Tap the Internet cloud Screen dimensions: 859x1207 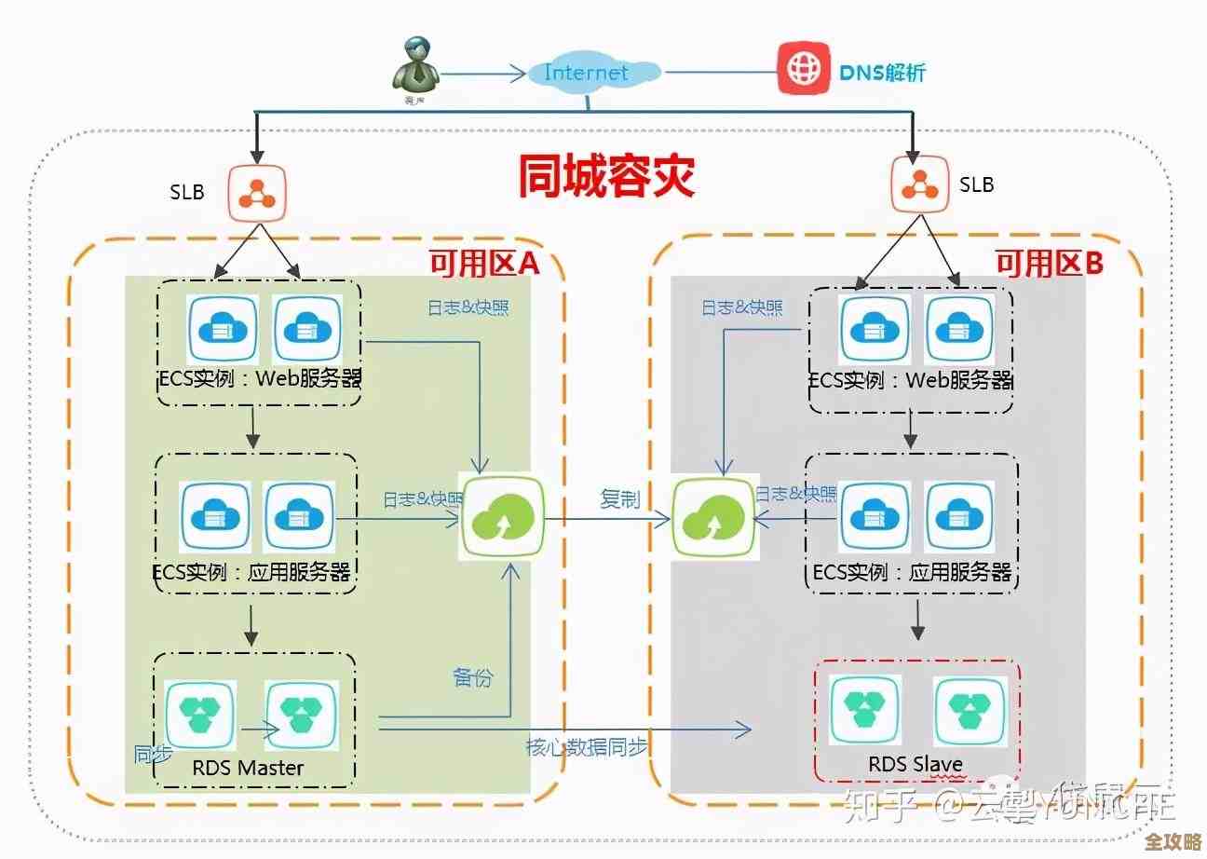(587, 73)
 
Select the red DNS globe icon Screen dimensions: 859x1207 (804, 68)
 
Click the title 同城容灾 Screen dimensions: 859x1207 (606, 176)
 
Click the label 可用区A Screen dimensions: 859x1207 (483, 265)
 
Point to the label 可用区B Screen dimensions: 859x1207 (1050, 265)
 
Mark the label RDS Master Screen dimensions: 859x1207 (248, 768)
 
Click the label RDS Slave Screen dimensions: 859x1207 (915, 765)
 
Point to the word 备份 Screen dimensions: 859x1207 (472, 677)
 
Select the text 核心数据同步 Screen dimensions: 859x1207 (587, 746)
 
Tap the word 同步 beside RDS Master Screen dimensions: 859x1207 (153, 754)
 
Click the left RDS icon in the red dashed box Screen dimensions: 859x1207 (865, 711)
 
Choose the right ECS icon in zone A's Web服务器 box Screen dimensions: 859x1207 (308, 329)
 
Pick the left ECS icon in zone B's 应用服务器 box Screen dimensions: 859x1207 (875, 516)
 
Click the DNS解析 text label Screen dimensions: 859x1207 (883, 72)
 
